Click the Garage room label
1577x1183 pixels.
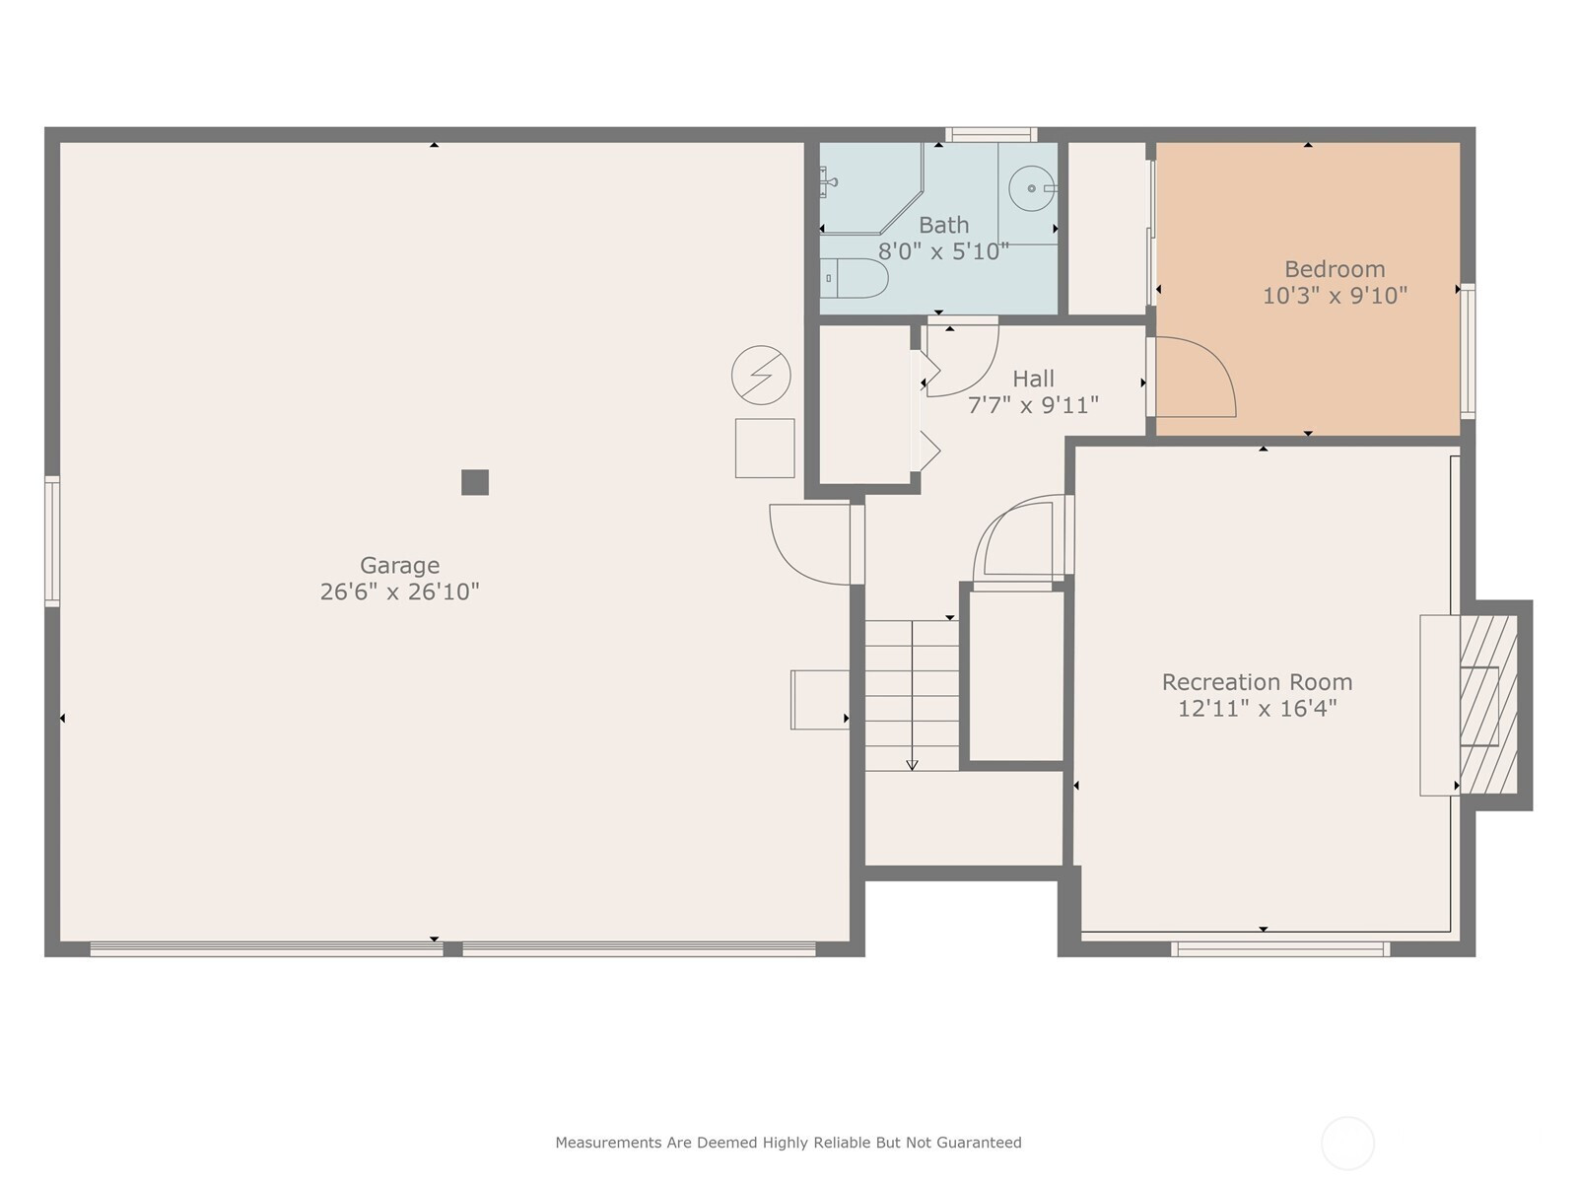click(x=399, y=566)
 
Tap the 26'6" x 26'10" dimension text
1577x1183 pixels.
click(x=399, y=591)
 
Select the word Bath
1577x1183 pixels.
click(x=943, y=225)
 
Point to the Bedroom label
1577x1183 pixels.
click(x=1335, y=269)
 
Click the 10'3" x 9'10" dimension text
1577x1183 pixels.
click(x=1335, y=295)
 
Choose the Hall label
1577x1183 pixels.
click(x=1033, y=379)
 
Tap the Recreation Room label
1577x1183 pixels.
click(x=1257, y=681)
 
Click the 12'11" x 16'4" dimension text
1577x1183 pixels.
click(x=1257, y=708)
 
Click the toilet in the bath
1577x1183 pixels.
click(x=855, y=278)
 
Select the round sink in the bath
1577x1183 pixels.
click(x=1032, y=188)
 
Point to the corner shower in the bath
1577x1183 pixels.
click(x=870, y=188)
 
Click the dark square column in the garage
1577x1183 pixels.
click(x=475, y=482)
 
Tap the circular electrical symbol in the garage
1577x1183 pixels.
click(x=761, y=375)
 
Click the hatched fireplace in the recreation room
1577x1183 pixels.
click(x=1488, y=704)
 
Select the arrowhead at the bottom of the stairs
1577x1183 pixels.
click(x=912, y=765)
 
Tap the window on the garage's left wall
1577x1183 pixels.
click(x=52, y=541)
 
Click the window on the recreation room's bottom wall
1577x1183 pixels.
click(x=1279, y=948)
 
